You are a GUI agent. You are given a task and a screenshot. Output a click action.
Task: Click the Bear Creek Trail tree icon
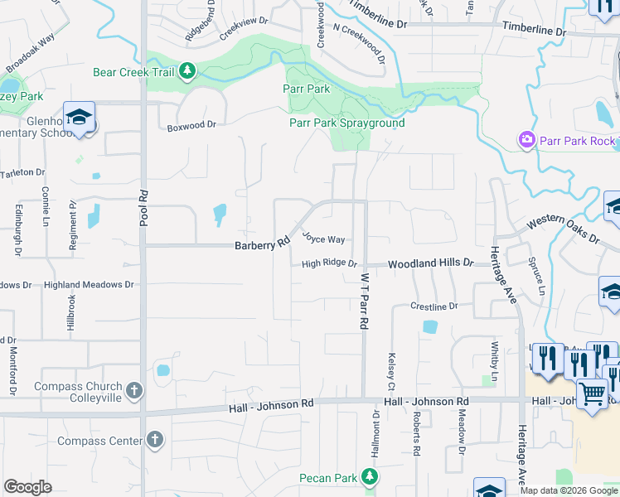pos(188,72)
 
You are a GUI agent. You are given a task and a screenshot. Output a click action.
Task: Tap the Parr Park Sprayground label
pos(346,123)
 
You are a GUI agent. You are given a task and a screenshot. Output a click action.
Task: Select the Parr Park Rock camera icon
pos(526,141)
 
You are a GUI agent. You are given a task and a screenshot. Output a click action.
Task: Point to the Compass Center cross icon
pos(154,441)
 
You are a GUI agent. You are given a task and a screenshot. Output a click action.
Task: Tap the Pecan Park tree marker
pos(371,478)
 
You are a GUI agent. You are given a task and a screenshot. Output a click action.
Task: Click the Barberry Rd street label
pos(261,244)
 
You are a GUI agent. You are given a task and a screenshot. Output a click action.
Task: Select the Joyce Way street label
pos(323,239)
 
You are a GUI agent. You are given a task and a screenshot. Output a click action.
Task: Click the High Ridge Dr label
pos(328,264)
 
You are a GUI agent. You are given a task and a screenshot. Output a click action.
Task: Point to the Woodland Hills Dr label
pos(431,263)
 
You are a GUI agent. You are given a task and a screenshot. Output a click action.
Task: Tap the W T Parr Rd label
pos(362,303)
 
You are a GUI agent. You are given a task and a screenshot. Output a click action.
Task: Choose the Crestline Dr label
pos(434,306)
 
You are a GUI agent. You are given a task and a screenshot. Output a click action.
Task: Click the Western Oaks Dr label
pos(563,230)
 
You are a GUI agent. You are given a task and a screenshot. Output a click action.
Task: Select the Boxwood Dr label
pos(191,126)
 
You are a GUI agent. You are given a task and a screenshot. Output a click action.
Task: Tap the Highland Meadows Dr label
pos(89,285)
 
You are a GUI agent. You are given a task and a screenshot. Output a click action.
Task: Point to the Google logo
pos(28,487)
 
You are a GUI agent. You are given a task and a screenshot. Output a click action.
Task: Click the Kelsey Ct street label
pos(390,372)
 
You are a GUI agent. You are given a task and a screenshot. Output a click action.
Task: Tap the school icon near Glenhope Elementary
pos(80,118)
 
